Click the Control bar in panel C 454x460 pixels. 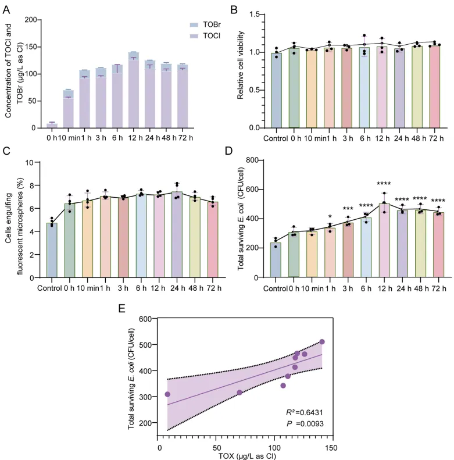[x=51, y=251]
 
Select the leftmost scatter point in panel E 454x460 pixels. [x=167, y=378]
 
